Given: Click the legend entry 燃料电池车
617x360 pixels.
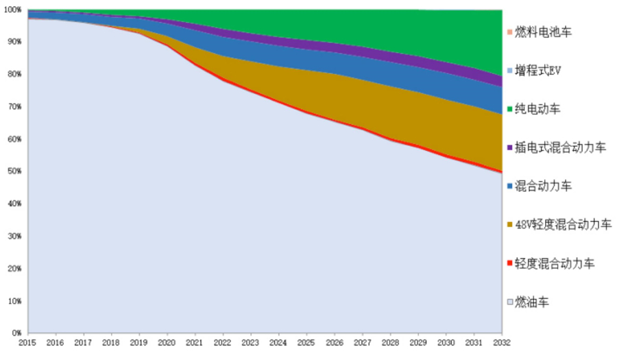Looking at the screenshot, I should pos(544,32).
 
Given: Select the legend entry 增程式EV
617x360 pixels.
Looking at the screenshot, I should pos(539,70).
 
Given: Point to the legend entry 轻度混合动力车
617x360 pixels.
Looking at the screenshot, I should pos(555,263).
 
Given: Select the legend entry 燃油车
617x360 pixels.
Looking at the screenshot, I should pos(532,302).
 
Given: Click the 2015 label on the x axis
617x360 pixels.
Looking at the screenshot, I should pos(28,342).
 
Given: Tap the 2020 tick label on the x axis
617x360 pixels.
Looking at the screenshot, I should pos(167,342).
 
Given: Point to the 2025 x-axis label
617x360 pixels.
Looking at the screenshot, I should pos(306,342).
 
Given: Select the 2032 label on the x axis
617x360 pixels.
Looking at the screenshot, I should pos(502,342).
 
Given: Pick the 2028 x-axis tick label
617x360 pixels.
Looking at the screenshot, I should pos(390,342).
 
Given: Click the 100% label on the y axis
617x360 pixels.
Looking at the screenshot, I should pos(13,10).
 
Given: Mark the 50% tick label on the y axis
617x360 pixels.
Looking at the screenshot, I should pos(14,171).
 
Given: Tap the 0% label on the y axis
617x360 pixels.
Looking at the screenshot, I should pos(16,333).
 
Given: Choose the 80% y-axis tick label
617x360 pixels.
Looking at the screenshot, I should pos(14,74).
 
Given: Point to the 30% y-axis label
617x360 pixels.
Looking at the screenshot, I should pos(14,236).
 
